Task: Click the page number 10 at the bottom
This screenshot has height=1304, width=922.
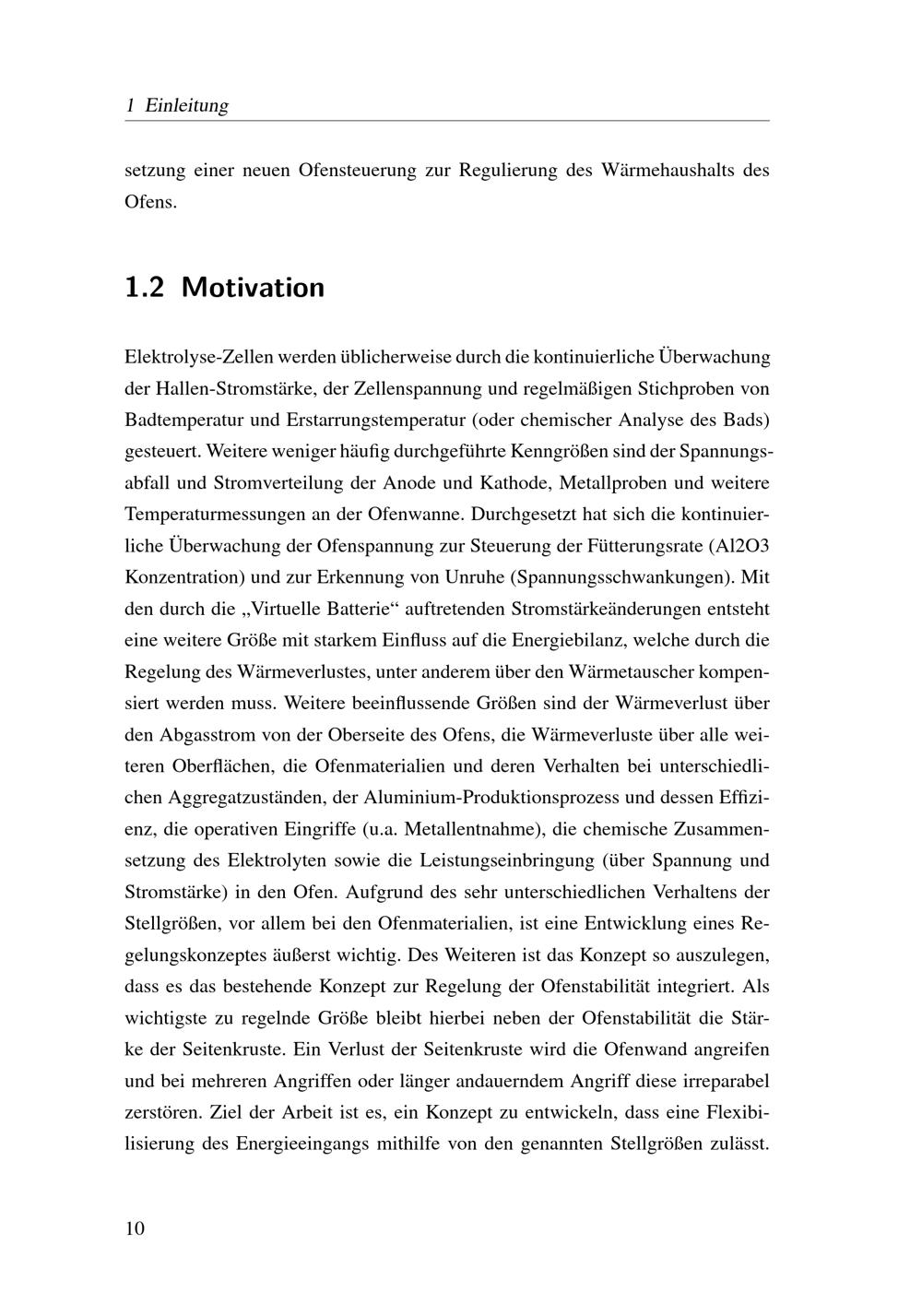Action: (x=135, y=1228)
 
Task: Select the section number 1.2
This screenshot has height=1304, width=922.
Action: (x=144, y=287)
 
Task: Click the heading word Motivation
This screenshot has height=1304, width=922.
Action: (x=253, y=287)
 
